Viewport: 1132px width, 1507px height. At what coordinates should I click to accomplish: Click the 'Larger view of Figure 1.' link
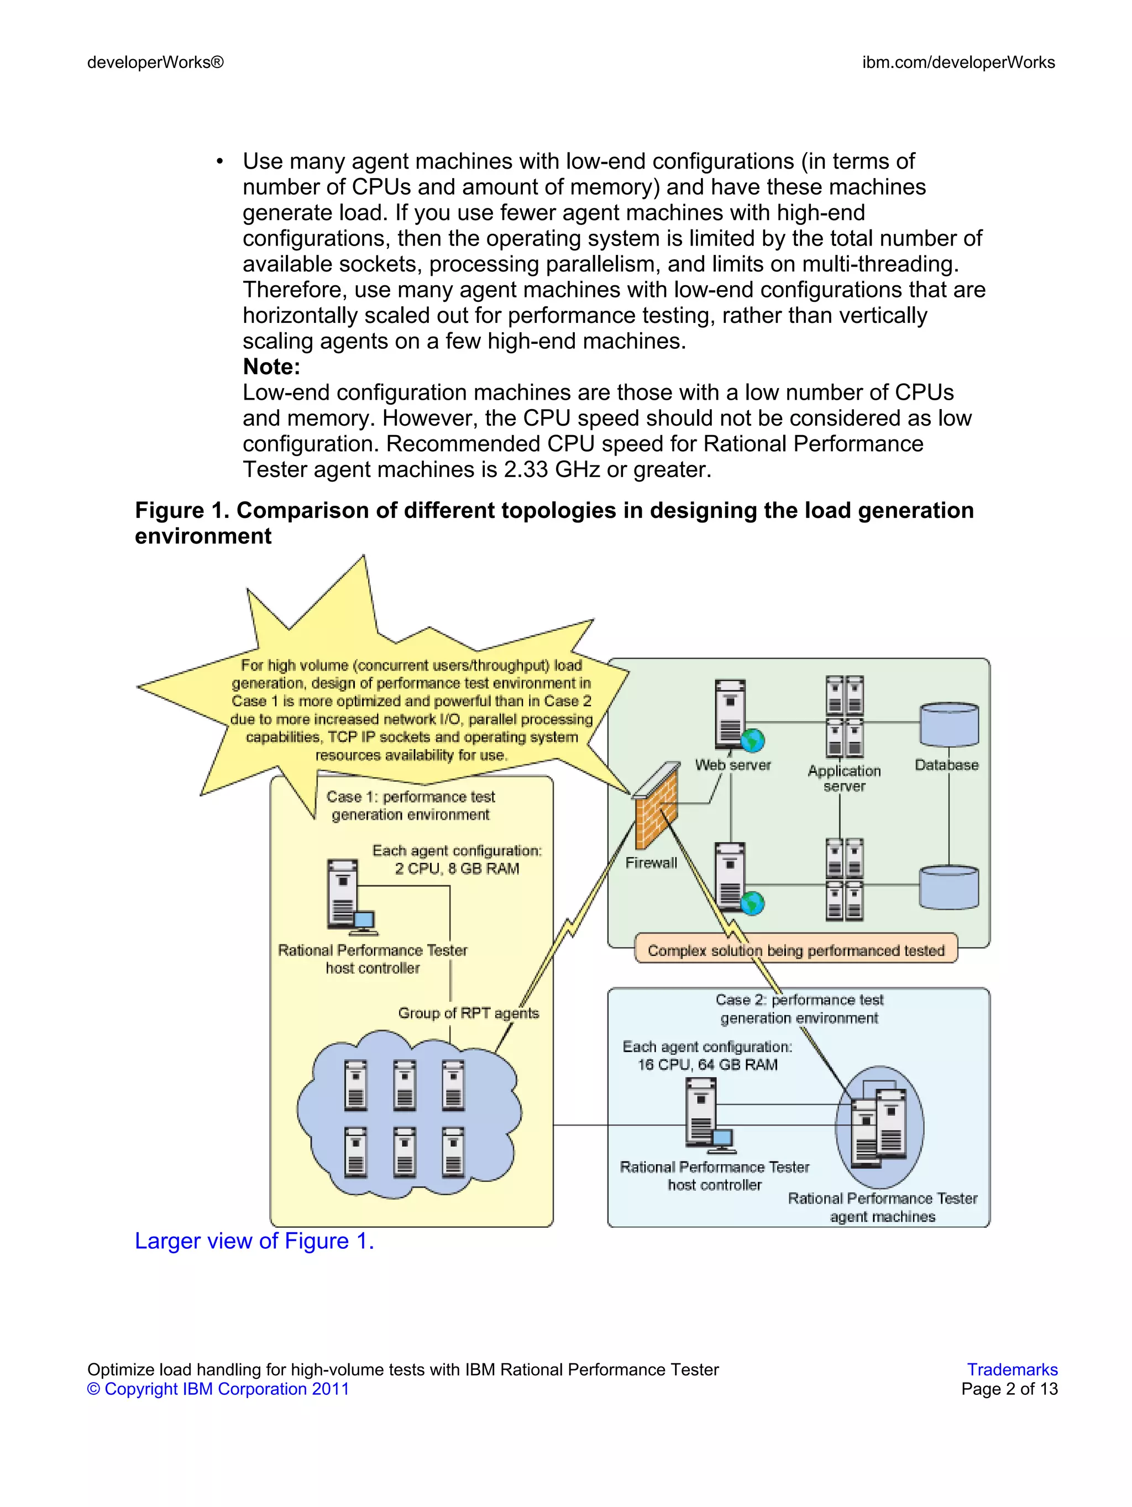[x=254, y=1241]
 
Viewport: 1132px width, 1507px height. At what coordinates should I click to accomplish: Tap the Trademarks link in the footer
[x=1012, y=1369]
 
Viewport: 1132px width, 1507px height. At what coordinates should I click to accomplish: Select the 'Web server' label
[x=733, y=765]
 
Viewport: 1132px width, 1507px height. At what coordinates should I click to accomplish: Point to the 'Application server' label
[x=844, y=778]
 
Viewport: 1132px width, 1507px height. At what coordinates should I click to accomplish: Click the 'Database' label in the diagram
[x=946, y=765]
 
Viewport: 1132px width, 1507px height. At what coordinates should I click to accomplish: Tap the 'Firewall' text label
[x=651, y=862]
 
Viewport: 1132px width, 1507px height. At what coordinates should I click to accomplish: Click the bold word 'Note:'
[x=271, y=367]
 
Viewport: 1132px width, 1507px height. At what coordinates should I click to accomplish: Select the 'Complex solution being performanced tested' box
[x=795, y=950]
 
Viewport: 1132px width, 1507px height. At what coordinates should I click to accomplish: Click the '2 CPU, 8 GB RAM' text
[x=457, y=868]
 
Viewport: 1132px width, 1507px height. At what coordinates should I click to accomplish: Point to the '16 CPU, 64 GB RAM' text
[x=707, y=1064]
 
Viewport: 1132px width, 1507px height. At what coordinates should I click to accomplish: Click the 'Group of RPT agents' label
[x=468, y=1013]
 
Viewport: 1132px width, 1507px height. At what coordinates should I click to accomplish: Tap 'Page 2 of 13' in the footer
[x=1009, y=1389]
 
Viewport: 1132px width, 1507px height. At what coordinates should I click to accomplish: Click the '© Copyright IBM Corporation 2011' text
[x=218, y=1389]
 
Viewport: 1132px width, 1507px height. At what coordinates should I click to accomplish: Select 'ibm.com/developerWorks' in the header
[x=958, y=62]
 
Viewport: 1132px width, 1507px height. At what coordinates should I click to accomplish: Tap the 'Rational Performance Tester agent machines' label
[x=882, y=1207]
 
